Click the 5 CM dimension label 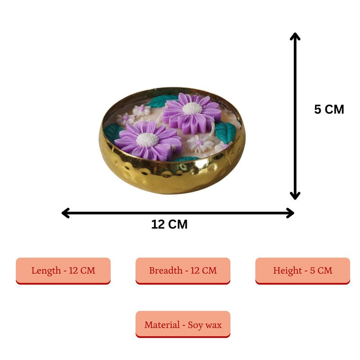(329, 109)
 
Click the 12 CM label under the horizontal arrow (170, 224)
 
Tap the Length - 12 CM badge (63, 271)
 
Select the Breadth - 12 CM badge (183, 271)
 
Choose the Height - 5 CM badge (302, 271)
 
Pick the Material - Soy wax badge (183, 324)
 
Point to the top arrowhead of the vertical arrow (295, 36)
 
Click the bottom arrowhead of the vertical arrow (295, 196)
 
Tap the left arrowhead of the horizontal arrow (66, 213)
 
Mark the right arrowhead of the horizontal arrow (290, 213)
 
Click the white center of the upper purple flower (192, 108)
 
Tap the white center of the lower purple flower (148, 139)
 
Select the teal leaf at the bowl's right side (225, 132)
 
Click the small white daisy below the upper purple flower (200, 144)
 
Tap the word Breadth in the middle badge (166, 270)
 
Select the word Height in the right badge (287, 271)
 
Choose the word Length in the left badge (46, 271)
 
